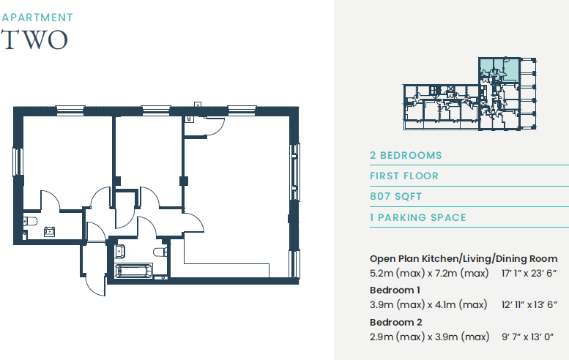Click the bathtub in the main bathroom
click(135, 271)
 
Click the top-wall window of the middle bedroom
click(156, 110)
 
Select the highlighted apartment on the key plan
click(498, 70)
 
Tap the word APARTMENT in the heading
click(37, 16)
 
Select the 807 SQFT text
click(397, 197)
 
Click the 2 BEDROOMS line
click(406, 155)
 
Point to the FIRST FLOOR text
click(404, 176)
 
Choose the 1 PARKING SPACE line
click(417, 218)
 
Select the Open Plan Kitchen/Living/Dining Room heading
click(469, 259)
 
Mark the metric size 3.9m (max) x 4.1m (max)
click(429, 304)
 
